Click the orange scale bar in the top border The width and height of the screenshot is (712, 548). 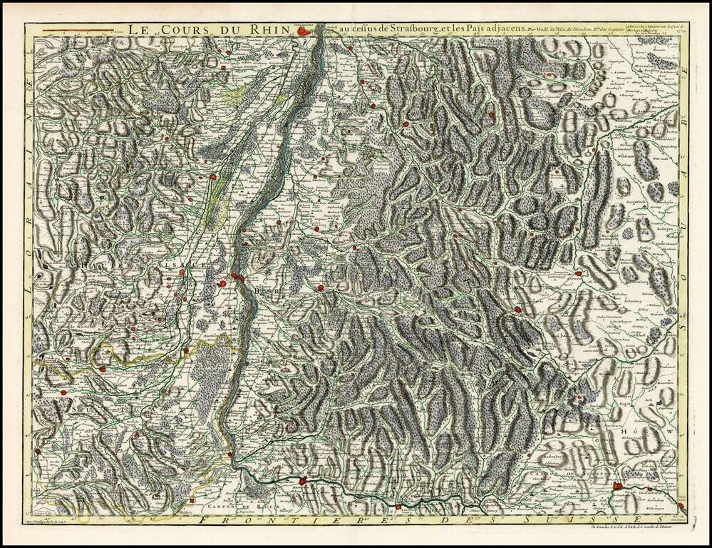click(x=78, y=31)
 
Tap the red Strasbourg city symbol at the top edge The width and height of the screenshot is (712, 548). click(x=304, y=31)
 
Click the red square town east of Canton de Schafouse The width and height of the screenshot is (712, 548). click(x=617, y=487)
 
